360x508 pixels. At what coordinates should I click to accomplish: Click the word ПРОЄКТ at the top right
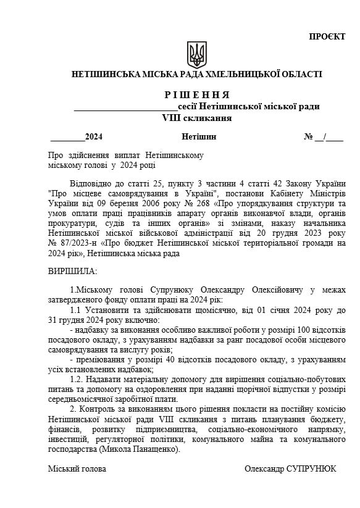click(327, 37)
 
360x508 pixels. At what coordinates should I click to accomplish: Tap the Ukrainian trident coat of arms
click(197, 54)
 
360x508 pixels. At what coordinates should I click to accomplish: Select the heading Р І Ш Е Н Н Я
click(197, 95)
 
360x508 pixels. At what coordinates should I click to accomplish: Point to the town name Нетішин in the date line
click(199, 136)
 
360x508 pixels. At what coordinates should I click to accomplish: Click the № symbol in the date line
click(309, 136)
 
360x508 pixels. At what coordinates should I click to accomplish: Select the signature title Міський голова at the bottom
click(77, 469)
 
